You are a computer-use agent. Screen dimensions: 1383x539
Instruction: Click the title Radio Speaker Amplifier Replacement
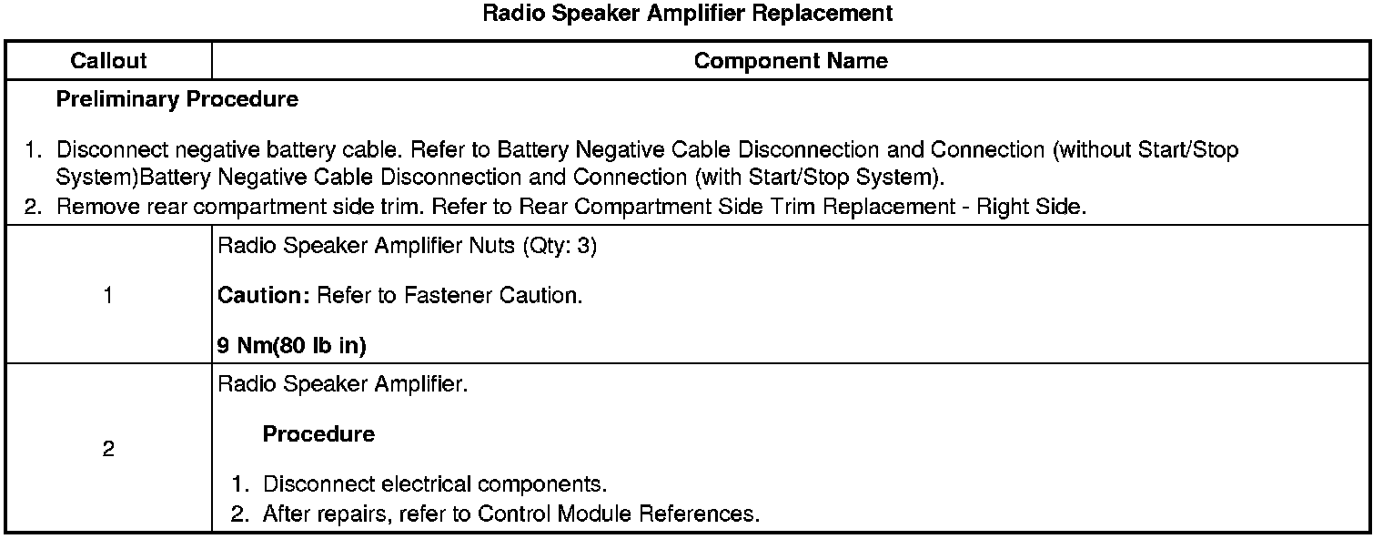point(687,14)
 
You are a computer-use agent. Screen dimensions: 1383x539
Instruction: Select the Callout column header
point(108,61)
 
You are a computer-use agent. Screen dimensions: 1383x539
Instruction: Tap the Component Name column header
point(790,61)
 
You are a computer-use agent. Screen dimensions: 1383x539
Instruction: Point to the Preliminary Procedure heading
point(177,99)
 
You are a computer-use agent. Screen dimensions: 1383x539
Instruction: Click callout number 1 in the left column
point(108,295)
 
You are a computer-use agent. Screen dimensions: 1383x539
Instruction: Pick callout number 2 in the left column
point(108,450)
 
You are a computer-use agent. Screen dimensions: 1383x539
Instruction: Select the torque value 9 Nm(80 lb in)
point(294,345)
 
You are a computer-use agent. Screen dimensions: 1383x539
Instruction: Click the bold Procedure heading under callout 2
point(318,434)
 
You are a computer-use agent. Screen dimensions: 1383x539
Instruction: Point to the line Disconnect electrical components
point(434,483)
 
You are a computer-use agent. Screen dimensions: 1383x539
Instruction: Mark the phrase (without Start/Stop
point(1145,149)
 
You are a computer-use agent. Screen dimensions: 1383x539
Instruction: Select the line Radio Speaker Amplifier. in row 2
point(343,384)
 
